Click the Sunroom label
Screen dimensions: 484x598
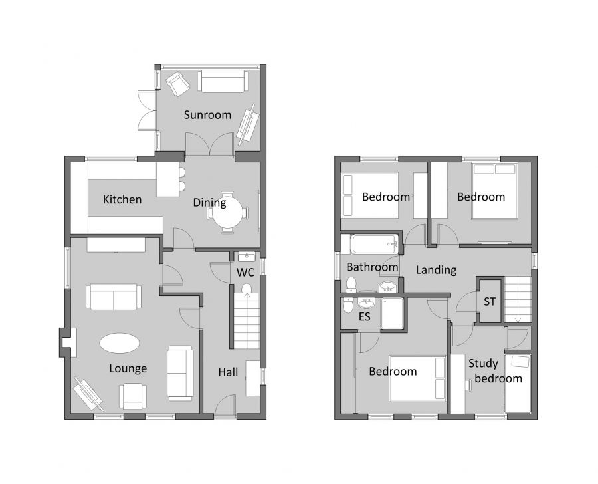(x=207, y=114)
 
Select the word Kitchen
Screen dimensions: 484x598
(x=122, y=199)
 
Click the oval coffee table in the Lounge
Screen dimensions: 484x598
(x=120, y=344)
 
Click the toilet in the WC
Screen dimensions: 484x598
(x=246, y=289)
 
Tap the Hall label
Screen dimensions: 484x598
(x=228, y=372)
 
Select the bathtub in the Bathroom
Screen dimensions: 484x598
(x=375, y=244)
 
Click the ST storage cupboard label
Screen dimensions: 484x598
(x=490, y=301)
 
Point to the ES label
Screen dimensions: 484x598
(x=364, y=317)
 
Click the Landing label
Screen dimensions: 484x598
(x=436, y=269)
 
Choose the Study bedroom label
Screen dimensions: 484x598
(x=495, y=371)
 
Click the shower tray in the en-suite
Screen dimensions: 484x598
(x=391, y=312)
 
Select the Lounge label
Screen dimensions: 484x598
(x=128, y=368)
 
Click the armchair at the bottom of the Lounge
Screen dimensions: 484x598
(x=132, y=396)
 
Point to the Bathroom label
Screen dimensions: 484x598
(x=372, y=267)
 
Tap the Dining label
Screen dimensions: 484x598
(x=209, y=203)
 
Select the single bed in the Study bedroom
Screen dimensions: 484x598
(x=518, y=384)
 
